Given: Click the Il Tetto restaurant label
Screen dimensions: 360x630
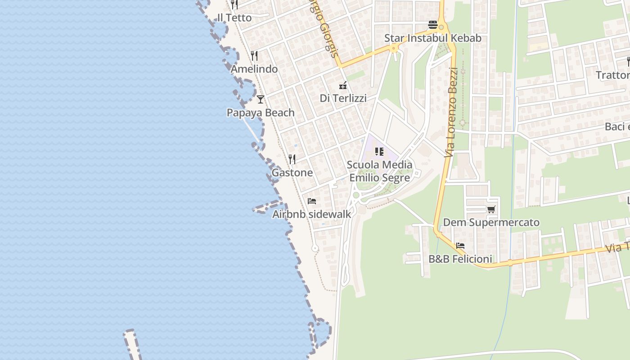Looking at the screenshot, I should coord(234,18).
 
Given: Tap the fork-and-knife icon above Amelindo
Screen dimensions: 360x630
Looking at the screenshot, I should coord(254,56).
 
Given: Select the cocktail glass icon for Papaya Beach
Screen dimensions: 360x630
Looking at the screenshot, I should coord(261,99).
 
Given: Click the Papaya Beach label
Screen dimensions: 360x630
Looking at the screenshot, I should coord(261,112).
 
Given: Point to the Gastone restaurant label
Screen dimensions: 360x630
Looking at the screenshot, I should coord(292,173).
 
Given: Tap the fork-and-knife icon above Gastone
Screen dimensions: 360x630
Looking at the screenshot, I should coord(292,159).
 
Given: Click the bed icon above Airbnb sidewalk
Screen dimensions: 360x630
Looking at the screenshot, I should coord(312,201).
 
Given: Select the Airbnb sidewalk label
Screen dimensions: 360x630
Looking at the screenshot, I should coord(312,214).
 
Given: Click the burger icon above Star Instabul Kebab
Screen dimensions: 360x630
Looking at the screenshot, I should coord(433,24).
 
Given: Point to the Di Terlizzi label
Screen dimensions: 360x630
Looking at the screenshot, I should coord(343,98).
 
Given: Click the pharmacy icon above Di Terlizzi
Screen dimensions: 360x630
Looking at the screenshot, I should coord(343,85).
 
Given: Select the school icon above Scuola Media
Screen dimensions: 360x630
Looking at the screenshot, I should coord(379,152).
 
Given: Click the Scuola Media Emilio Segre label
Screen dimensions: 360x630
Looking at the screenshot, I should coord(380,171).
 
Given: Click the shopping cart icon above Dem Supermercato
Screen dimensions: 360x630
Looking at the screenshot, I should coord(491,209).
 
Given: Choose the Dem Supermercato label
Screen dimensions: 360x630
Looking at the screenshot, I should coord(491,222).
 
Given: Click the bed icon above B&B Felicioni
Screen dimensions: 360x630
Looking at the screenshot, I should coord(460,246).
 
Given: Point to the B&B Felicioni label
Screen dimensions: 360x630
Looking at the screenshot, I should coord(460,259).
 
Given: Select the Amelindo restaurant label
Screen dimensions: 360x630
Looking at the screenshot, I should coord(254,69).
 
